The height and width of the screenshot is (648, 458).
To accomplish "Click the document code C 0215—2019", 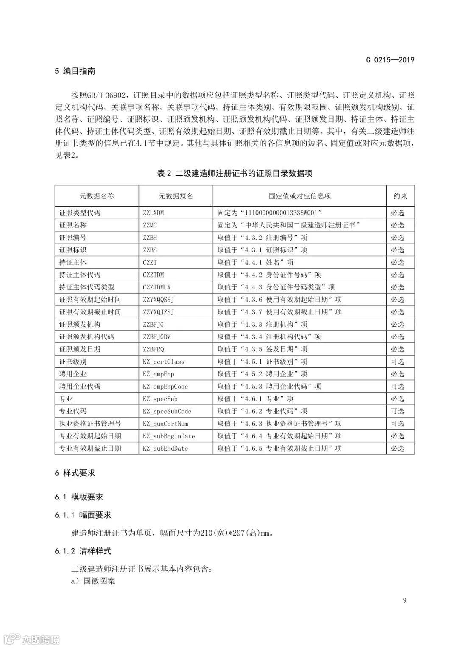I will coord(390,60).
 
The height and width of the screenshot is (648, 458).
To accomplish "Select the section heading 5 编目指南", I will coord(75,71).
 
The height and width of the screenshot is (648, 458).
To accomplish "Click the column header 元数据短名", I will coord(176,196).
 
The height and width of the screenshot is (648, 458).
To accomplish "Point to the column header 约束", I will coord(400,196).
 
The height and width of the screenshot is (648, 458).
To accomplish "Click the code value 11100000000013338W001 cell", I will coord(270,213).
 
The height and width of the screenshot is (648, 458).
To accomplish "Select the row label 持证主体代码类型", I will coord(87,287).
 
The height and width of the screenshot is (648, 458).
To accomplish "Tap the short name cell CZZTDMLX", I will coord(156,287).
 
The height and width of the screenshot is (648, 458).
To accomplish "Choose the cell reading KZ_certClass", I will coord(163,362).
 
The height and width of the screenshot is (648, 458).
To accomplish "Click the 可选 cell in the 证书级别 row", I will coord(397,362).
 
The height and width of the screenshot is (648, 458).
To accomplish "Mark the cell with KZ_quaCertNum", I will coord(165,424).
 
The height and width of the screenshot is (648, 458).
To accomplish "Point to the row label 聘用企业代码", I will coord(80,386).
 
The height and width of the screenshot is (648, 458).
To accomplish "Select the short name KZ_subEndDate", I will coord(165,448).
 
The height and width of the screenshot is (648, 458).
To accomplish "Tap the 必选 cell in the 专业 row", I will coord(397,399).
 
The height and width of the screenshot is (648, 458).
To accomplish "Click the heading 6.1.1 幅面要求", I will coord(83,515).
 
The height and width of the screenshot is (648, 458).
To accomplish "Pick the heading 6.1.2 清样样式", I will coord(83,551).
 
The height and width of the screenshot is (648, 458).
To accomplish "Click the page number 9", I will coord(405,600).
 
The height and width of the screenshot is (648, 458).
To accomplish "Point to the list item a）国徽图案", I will coord(93,581).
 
